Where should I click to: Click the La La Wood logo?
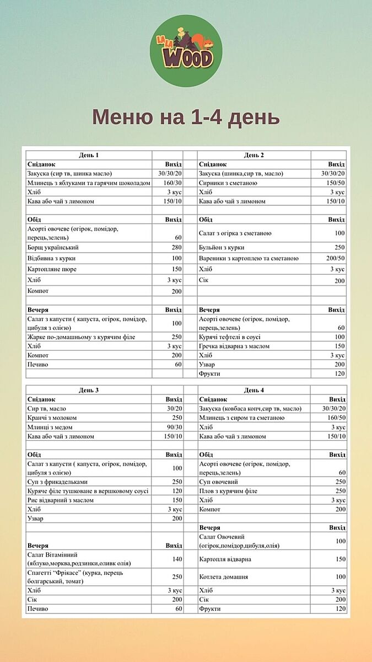click(186, 51)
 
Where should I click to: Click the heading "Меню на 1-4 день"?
click(186, 118)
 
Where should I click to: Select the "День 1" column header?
click(89, 155)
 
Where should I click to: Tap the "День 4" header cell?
click(254, 390)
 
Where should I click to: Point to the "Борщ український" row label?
click(53, 247)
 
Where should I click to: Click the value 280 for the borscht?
click(176, 247)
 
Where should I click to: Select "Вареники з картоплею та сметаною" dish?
click(249, 258)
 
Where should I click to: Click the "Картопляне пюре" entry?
click(52, 269)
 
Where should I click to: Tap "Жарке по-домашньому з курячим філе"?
click(81, 337)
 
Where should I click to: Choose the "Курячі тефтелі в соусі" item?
click(230, 337)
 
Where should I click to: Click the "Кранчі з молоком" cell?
click(52, 418)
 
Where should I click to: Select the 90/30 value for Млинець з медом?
click(172, 427)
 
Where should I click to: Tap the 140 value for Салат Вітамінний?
click(176, 559)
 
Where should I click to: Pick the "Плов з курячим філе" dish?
click(228, 491)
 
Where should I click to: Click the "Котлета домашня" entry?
click(224, 576)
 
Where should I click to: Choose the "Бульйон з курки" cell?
click(222, 247)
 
